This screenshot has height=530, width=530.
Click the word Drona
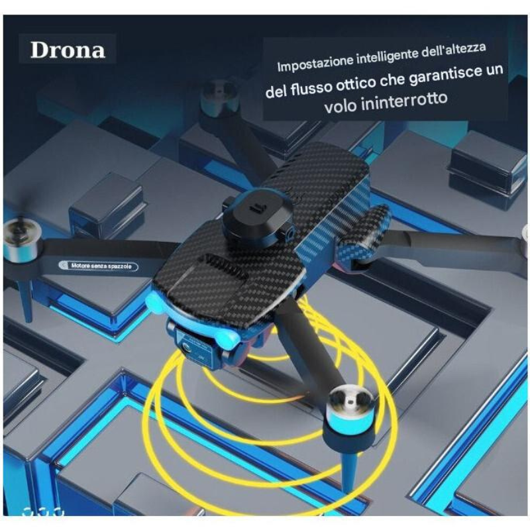tap(68, 50)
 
